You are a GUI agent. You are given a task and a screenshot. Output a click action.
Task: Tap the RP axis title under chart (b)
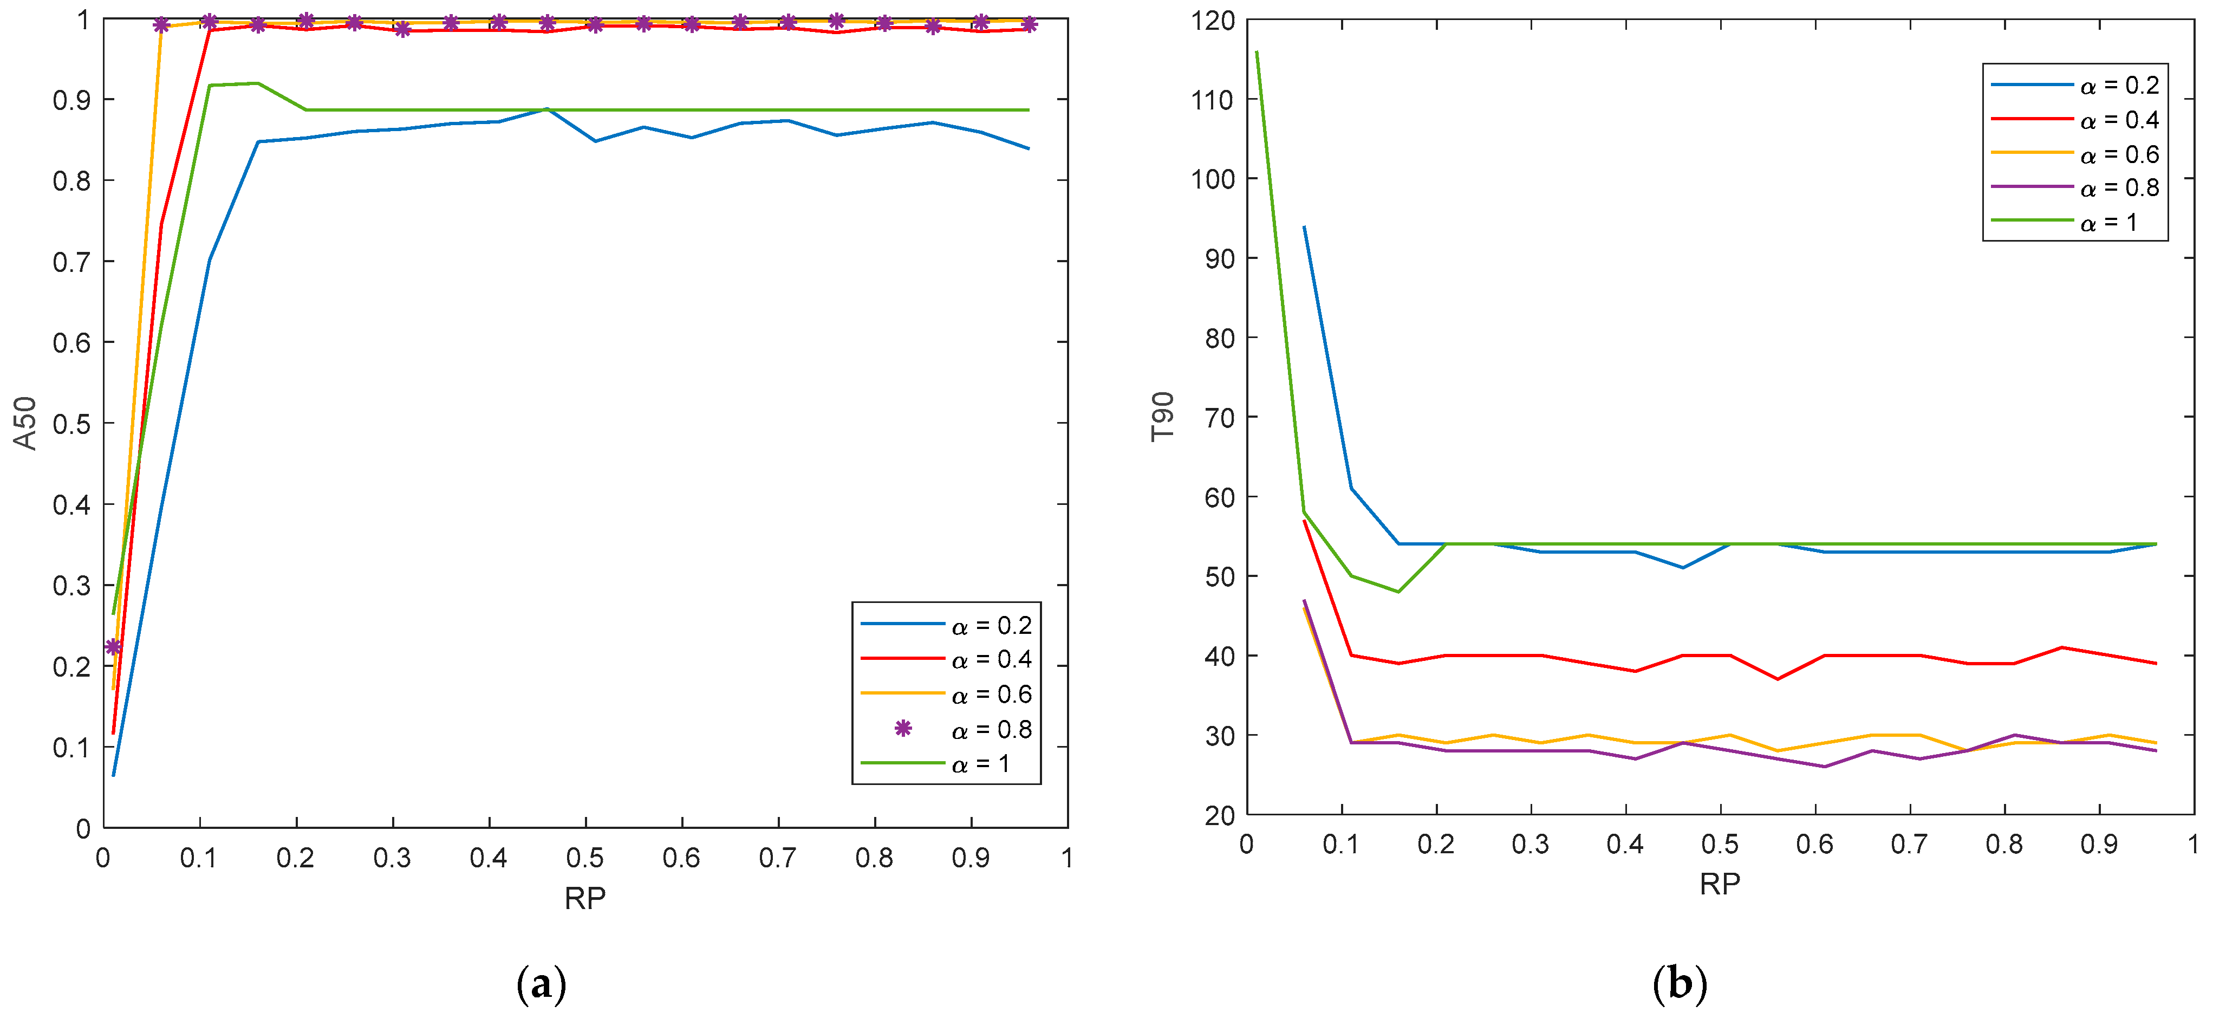1720,884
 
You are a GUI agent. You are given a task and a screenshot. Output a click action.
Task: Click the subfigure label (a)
542,984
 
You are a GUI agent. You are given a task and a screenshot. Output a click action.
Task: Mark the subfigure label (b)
1680,984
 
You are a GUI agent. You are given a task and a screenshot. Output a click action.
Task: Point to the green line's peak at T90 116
1257,53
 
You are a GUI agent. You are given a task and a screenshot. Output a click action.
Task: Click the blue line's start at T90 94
1304,227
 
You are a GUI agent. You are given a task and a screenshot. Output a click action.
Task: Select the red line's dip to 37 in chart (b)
1776,679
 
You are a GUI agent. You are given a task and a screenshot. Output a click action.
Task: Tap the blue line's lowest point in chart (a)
113,775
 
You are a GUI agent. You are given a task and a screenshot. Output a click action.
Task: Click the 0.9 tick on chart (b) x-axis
2099,845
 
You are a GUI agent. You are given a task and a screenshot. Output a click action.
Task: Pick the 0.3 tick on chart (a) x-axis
393,858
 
